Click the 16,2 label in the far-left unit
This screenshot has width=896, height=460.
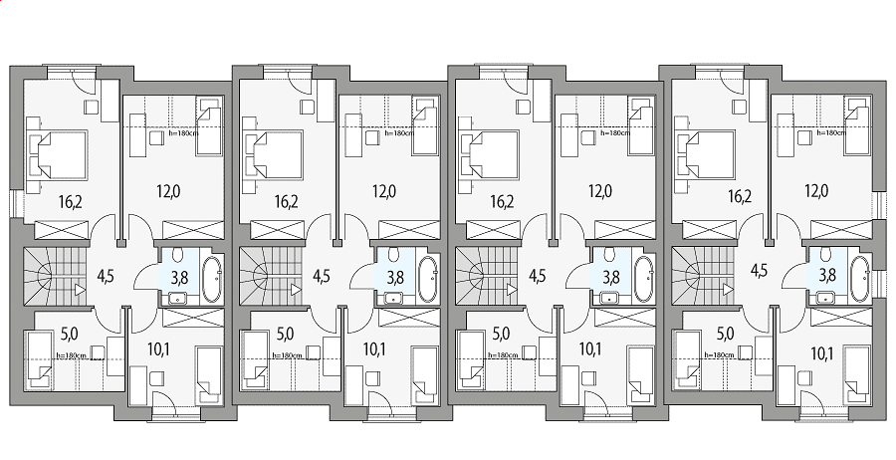coord(71,201)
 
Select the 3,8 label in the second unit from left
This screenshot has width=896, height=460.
coord(395,278)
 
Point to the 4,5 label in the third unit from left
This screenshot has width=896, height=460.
coord(538,277)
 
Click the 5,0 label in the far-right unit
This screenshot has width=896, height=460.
coord(716,333)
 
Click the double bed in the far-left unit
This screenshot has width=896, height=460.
coord(59,154)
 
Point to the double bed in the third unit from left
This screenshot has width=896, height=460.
coord(490,154)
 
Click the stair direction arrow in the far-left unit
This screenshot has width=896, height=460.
coord(80,290)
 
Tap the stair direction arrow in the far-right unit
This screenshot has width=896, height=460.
coord(728,290)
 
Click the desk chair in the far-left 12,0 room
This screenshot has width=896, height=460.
coord(156,138)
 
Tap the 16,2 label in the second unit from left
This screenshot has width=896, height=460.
coord(287,201)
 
